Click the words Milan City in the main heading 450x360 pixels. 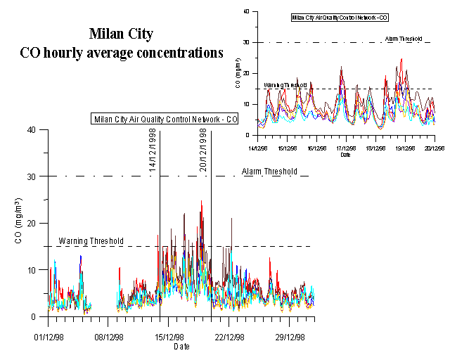click(x=121, y=34)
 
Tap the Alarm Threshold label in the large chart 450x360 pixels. click(x=269, y=172)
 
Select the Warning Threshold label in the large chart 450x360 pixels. click(x=91, y=241)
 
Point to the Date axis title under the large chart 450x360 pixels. click(x=181, y=347)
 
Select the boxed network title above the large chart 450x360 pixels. click(x=165, y=119)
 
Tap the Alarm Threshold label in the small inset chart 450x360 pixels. click(x=404, y=39)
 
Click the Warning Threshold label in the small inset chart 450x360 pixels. click(x=285, y=85)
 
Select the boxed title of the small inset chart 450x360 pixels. click(x=339, y=17)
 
